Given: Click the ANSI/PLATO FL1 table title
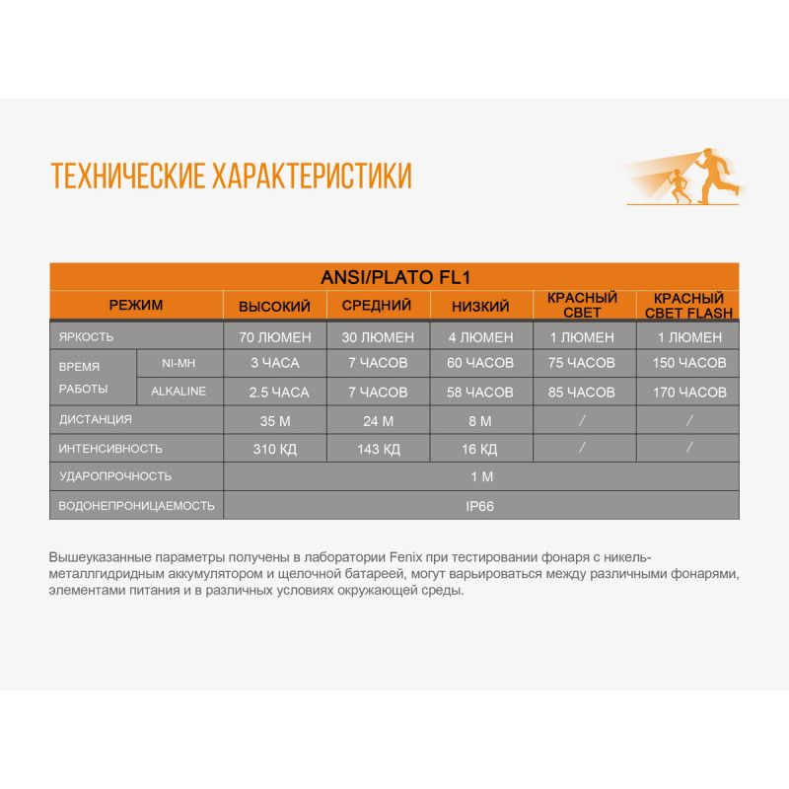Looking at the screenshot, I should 394,277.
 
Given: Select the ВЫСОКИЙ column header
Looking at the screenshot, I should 274,306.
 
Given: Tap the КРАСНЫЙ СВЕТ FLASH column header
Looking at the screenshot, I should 687,306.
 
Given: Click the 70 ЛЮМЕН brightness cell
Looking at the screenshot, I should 274,336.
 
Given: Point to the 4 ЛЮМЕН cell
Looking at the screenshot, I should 480,336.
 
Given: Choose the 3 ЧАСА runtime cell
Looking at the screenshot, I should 274,363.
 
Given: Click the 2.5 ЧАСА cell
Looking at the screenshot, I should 279,392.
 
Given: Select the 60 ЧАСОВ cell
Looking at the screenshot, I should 480,363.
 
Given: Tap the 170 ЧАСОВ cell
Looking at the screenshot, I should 688,392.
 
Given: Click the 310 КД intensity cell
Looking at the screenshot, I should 274,449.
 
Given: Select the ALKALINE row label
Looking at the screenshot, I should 179,392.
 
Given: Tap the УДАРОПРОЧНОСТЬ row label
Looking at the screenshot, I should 115,476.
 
